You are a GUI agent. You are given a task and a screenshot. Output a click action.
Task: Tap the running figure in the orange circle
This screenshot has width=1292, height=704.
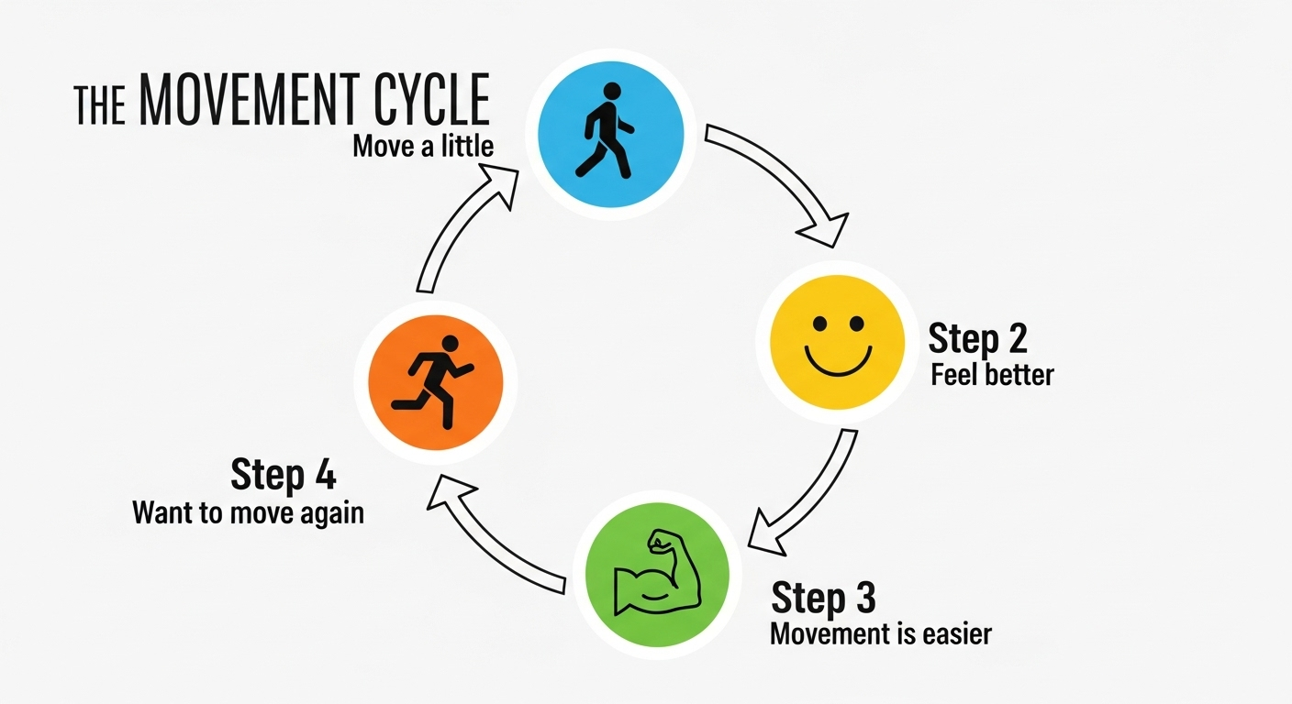coord(434,381)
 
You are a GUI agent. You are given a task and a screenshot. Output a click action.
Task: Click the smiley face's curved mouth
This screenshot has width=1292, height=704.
coord(836,360)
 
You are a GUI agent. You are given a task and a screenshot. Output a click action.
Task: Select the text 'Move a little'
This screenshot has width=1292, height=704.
coord(423,147)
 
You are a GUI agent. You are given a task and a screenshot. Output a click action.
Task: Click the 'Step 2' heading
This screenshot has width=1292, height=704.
coord(977,338)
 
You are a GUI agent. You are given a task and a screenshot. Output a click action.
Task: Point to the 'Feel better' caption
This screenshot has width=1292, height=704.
coord(992,375)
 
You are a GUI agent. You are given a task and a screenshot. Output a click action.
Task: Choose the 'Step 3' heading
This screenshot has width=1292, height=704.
coord(823,598)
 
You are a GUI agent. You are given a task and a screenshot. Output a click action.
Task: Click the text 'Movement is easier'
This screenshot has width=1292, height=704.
coord(881,633)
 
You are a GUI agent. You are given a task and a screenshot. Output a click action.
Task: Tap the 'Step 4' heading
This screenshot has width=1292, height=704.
coord(283,476)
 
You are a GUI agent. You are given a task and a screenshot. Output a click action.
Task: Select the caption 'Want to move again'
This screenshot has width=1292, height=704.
coord(248,511)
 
